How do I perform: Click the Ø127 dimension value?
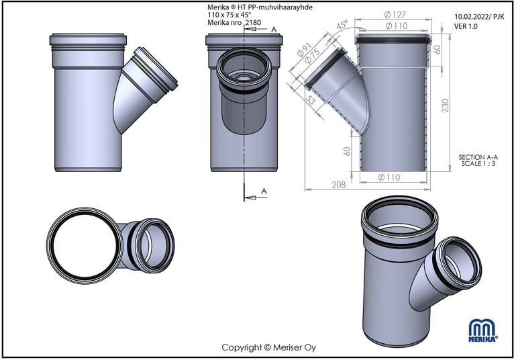click(395, 14)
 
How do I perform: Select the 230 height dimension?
click(445, 105)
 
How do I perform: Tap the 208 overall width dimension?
click(339, 185)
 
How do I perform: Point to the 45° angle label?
click(342, 25)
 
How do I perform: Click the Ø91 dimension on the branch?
click(303, 50)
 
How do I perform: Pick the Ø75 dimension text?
click(312, 56)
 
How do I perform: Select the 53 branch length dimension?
click(311, 99)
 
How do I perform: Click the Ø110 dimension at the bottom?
click(389, 177)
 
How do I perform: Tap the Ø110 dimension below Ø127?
click(397, 26)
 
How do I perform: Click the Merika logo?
click(483, 330)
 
